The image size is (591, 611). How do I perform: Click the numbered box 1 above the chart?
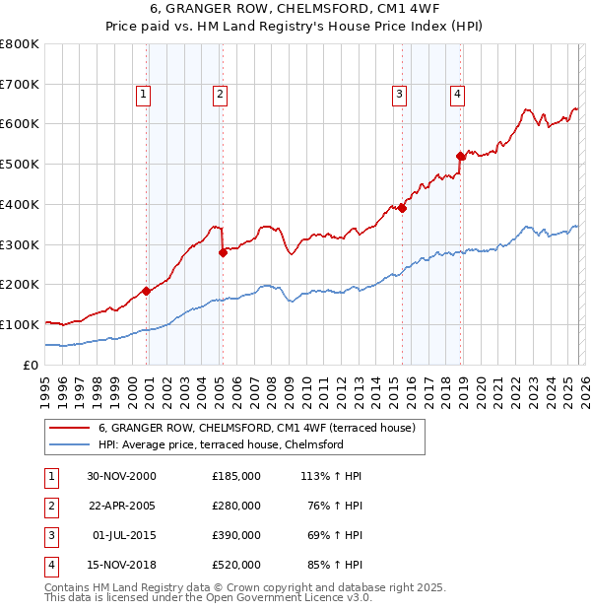coord(143,95)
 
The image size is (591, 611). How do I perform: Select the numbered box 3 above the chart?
coord(399,95)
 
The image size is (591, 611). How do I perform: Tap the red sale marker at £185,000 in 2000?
coord(147,290)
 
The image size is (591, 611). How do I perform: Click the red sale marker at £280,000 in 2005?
coord(223,251)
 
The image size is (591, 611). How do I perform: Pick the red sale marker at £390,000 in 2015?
coord(402,207)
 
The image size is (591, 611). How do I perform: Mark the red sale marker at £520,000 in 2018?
coord(460,155)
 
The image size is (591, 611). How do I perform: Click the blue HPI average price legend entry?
coord(220,444)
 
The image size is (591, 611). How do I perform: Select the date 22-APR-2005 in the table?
coord(122,506)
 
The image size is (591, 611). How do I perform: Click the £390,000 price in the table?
coord(235,535)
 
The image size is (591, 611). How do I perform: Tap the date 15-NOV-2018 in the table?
coord(122,565)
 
